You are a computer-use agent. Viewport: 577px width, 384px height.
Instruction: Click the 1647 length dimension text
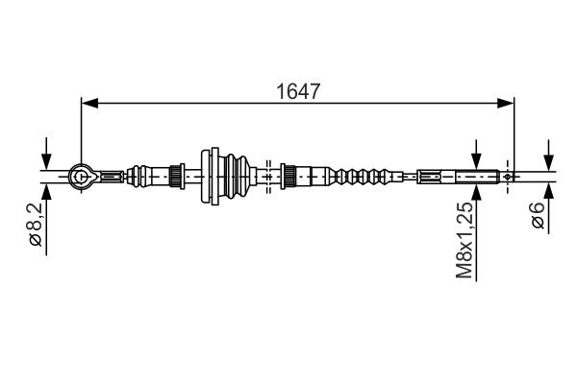pos(298,91)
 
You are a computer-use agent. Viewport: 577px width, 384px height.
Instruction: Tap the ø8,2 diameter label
pos(37,224)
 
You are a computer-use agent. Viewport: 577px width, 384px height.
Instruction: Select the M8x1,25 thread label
pos(464,240)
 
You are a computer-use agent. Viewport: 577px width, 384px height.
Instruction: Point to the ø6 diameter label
pos(539,215)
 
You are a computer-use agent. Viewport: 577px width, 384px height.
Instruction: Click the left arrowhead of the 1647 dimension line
pos(89,104)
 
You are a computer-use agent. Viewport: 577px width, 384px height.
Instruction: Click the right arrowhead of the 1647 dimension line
pos(505,104)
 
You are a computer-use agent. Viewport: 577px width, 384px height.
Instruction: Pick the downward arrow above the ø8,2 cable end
pos(46,154)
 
